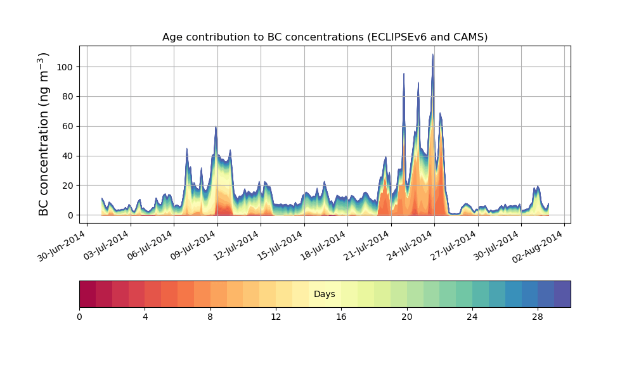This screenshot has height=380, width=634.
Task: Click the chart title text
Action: click(x=325, y=37)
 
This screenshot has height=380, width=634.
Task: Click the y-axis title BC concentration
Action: click(x=44, y=134)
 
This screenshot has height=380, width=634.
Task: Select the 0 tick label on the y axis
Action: click(x=71, y=215)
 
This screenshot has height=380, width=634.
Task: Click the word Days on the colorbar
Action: click(x=325, y=294)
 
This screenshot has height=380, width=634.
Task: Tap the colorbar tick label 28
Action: click(x=538, y=317)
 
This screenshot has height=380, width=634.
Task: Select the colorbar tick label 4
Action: click(x=145, y=317)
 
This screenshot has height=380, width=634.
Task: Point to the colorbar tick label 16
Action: click(x=341, y=317)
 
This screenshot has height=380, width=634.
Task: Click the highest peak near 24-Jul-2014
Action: click(x=433, y=55)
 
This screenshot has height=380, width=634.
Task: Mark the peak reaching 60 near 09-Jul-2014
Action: click(x=216, y=127)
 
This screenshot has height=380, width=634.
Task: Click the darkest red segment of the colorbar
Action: click(x=87, y=294)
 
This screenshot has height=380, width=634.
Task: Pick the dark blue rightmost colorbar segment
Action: click(x=562, y=294)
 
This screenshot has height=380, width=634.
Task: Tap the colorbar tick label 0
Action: click(x=79, y=317)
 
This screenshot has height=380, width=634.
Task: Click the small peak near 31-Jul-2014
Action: click(x=538, y=187)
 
